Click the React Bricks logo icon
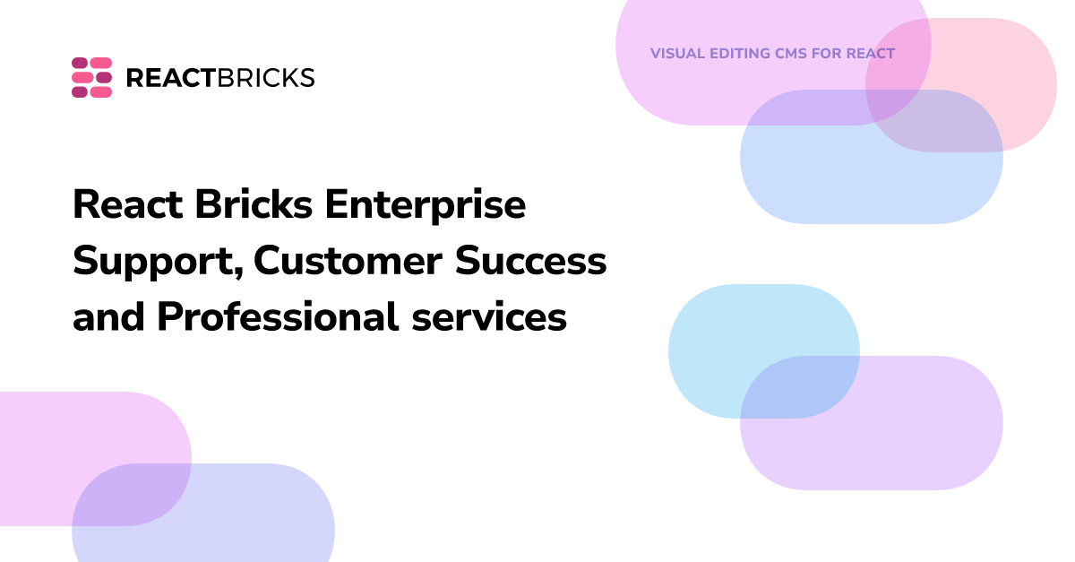(91, 77)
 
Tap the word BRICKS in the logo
(266, 78)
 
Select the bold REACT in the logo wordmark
(170, 78)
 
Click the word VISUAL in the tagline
(675, 54)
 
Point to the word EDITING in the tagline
(738, 54)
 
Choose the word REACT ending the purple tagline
(871, 54)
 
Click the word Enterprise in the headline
(426, 206)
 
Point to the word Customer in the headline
(348, 262)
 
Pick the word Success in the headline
(531, 262)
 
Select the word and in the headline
(109, 317)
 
